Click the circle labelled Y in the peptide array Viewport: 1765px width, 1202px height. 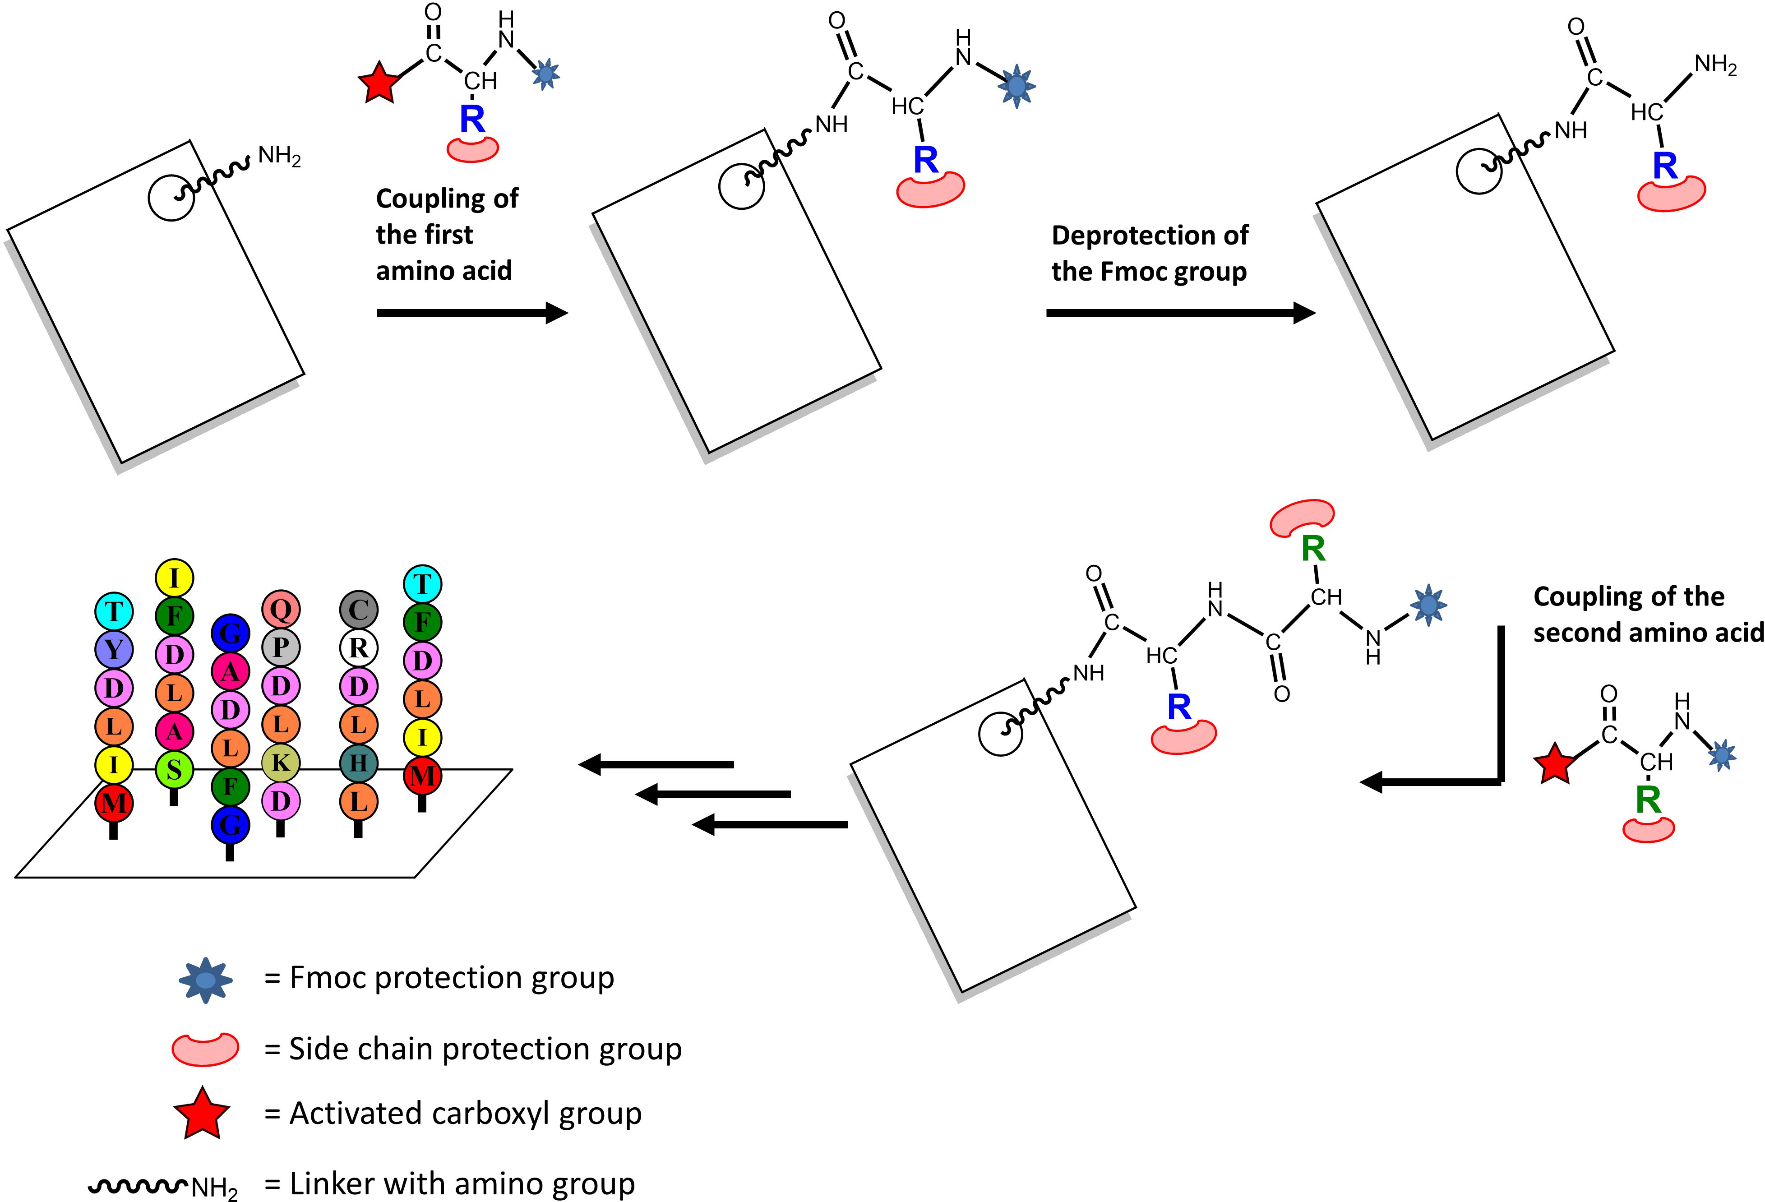tap(114, 649)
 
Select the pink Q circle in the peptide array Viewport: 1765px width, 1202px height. tap(281, 609)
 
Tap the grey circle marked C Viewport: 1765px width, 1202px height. tap(359, 610)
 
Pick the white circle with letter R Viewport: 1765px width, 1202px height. tap(359, 647)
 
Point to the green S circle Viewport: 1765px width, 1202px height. tap(174, 770)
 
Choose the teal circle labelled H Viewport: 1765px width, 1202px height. tap(359, 763)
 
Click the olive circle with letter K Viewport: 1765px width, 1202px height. tap(281, 763)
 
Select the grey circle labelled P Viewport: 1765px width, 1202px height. tap(281, 647)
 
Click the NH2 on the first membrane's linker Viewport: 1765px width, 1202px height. tap(279, 157)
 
